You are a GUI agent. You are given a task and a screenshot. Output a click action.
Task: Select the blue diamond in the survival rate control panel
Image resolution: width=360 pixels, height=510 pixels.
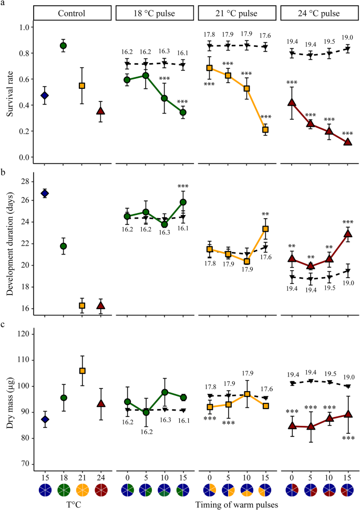pos(45,95)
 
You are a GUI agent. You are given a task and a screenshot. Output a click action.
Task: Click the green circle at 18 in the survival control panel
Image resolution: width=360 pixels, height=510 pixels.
pos(63,45)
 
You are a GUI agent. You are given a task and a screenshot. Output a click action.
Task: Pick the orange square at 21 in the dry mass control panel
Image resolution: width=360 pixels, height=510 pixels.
pos(82,371)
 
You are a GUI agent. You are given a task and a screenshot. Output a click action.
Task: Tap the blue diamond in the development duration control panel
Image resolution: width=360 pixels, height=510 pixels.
pos(45,193)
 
